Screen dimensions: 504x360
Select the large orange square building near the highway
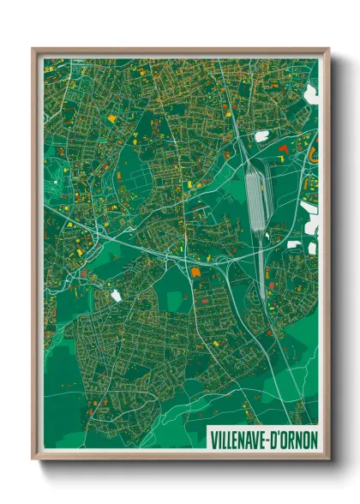pyautogui.click(x=195, y=272)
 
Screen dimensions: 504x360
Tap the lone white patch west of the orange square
pyautogui.click(x=116, y=296)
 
